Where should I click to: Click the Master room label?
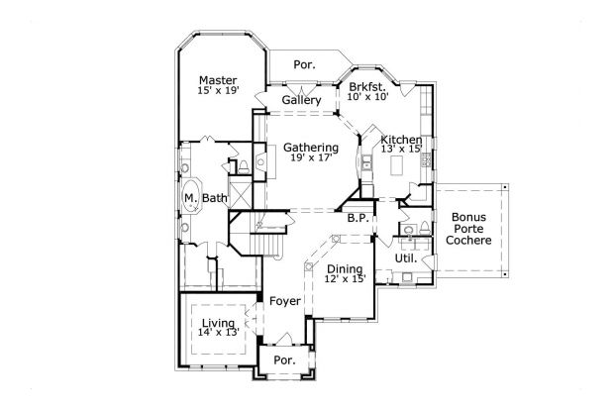tap(216, 80)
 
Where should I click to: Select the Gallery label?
tap(301, 101)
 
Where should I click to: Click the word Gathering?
tap(311, 148)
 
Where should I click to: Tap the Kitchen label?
tap(402, 141)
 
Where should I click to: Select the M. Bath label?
tap(206, 199)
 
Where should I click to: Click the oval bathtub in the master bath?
tap(189, 197)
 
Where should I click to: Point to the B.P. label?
tap(358, 216)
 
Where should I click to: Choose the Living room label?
tap(219, 323)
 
